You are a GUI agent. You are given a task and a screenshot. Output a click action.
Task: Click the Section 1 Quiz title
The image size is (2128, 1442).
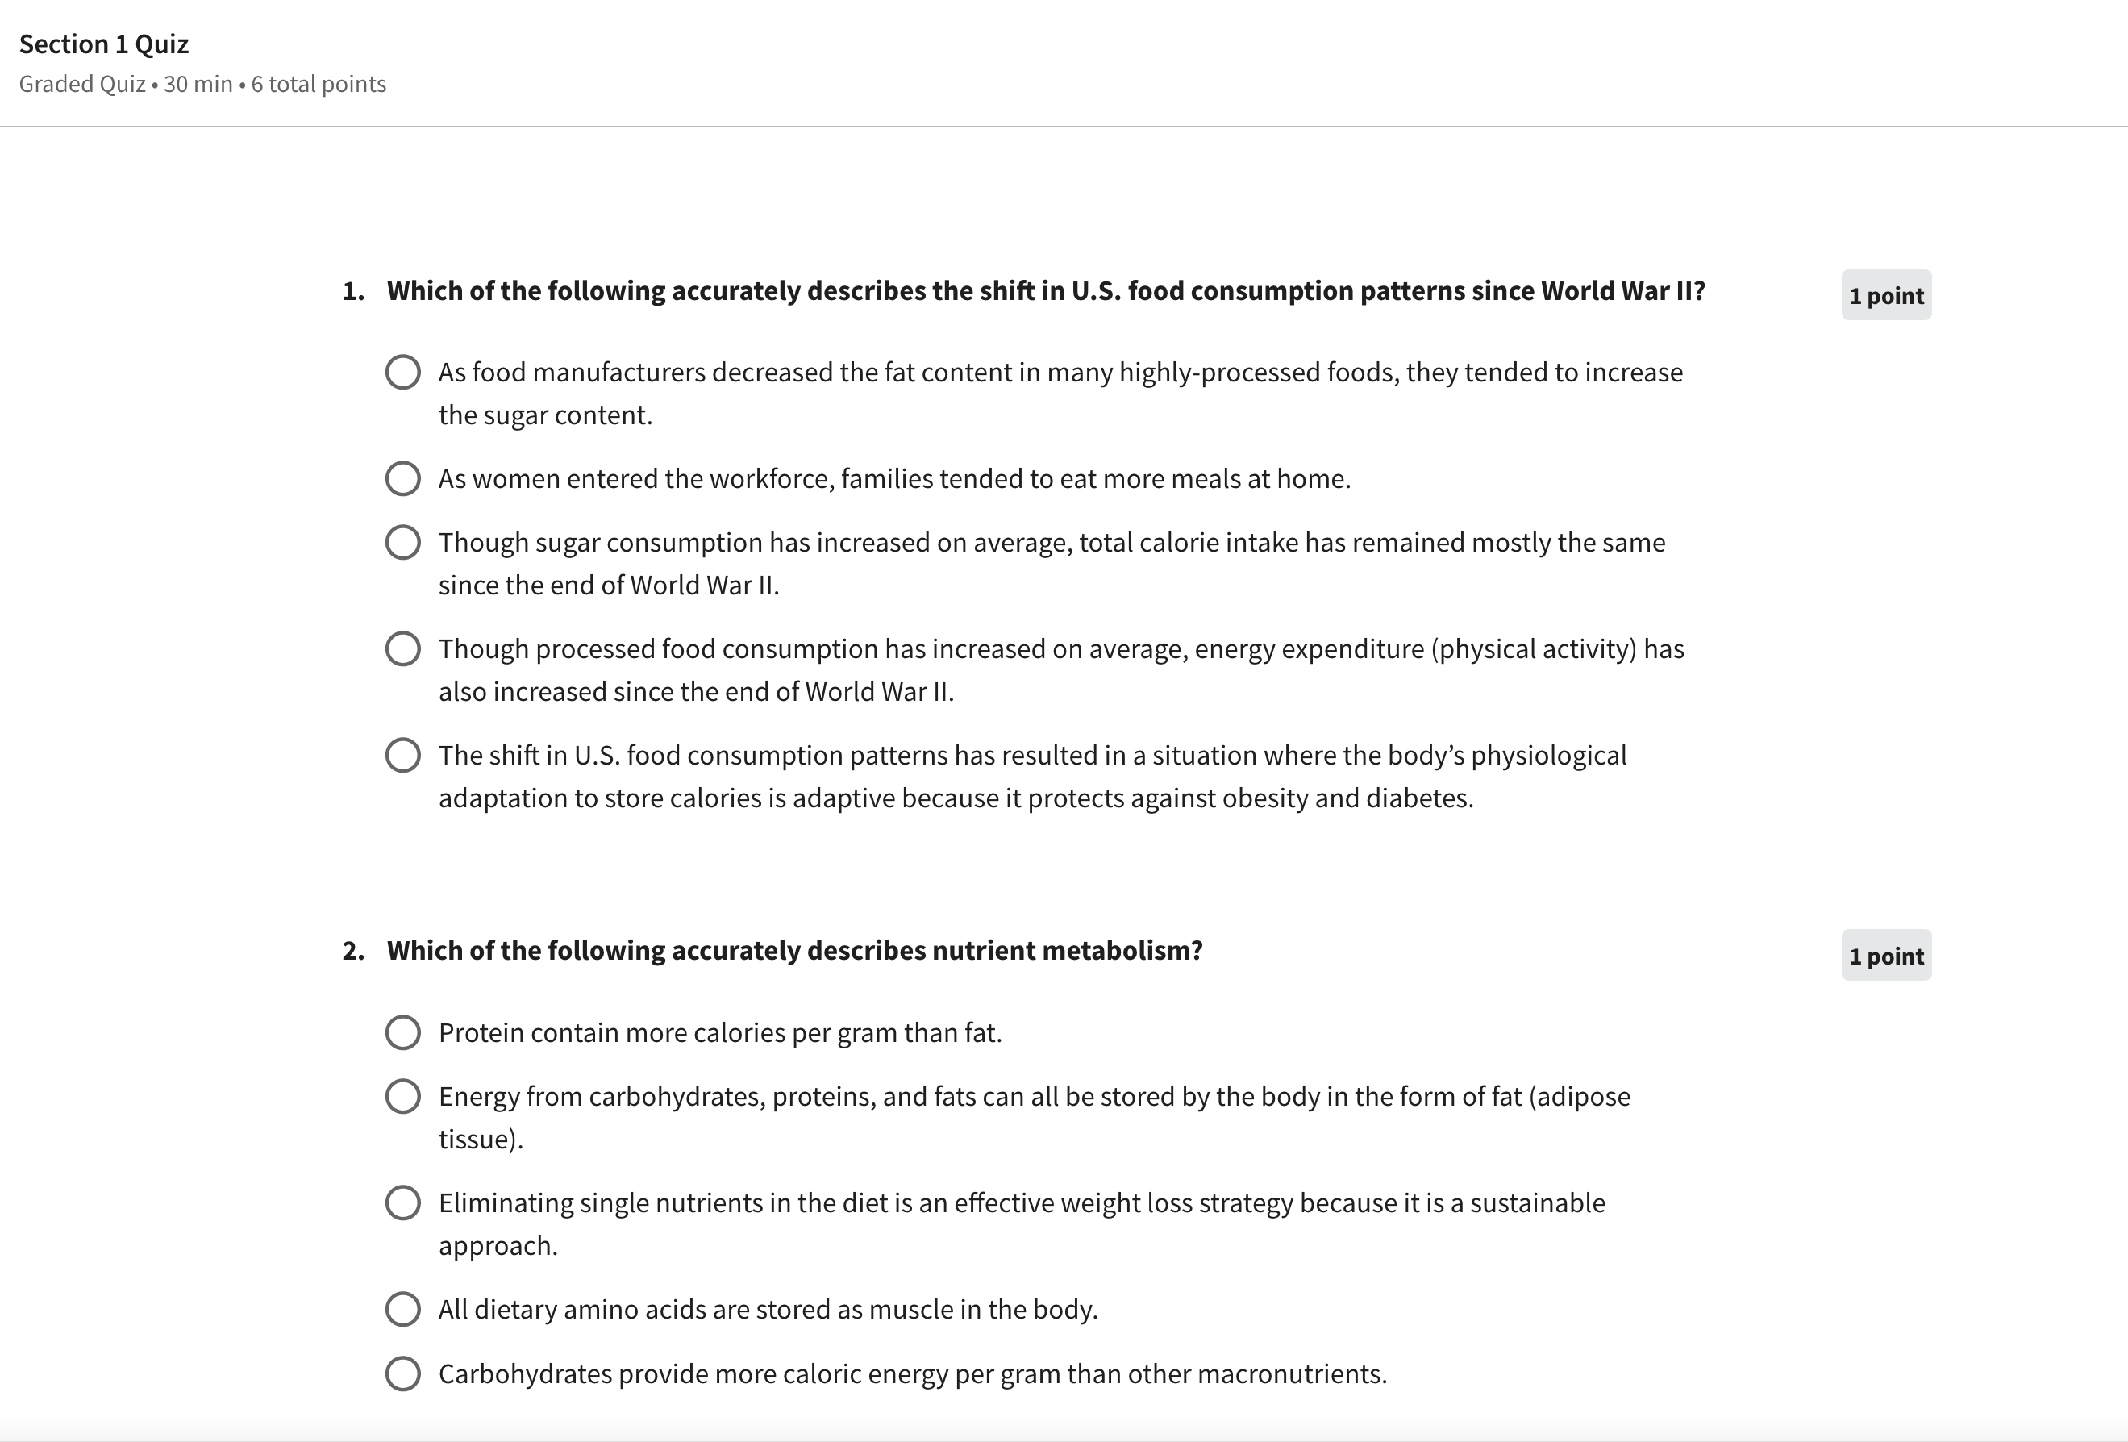[x=103, y=44]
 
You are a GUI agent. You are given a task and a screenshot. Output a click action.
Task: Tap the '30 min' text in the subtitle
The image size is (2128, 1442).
[x=198, y=84]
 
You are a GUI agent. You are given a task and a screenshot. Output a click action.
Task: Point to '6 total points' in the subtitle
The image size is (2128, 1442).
[x=319, y=84]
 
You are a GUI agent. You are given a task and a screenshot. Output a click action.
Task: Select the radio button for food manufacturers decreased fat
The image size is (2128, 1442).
[x=403, y=373]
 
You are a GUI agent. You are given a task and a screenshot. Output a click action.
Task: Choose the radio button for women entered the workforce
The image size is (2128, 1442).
[x=403, y=479]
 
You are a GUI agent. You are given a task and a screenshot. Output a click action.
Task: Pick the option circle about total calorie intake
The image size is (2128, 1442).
[x=403, y=542]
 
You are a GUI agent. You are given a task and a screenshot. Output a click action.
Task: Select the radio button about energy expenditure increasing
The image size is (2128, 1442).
[x=403, y=649]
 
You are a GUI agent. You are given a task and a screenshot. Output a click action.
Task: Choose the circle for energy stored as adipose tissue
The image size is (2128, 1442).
[x=403, y=1097]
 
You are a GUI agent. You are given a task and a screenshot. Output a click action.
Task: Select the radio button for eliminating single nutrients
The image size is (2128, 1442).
[x=403, y=1203]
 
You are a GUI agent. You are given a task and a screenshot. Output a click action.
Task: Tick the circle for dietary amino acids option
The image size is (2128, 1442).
[x=403, y=1309]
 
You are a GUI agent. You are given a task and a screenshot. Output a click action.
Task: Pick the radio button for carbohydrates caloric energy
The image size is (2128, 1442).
[x=403, y=1374]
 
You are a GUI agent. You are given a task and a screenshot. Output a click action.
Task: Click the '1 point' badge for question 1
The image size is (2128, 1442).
[x=1886, y=296]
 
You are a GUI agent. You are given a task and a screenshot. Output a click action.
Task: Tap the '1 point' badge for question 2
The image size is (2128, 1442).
[x=1886, y=956]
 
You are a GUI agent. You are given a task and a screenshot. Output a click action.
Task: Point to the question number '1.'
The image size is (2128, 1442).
[x=353, y=291]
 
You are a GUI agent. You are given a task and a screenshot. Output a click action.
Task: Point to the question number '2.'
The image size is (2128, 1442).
[x=353, y=952]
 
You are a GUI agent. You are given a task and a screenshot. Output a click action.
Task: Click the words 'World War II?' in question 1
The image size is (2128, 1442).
[x=1622, y=291]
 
